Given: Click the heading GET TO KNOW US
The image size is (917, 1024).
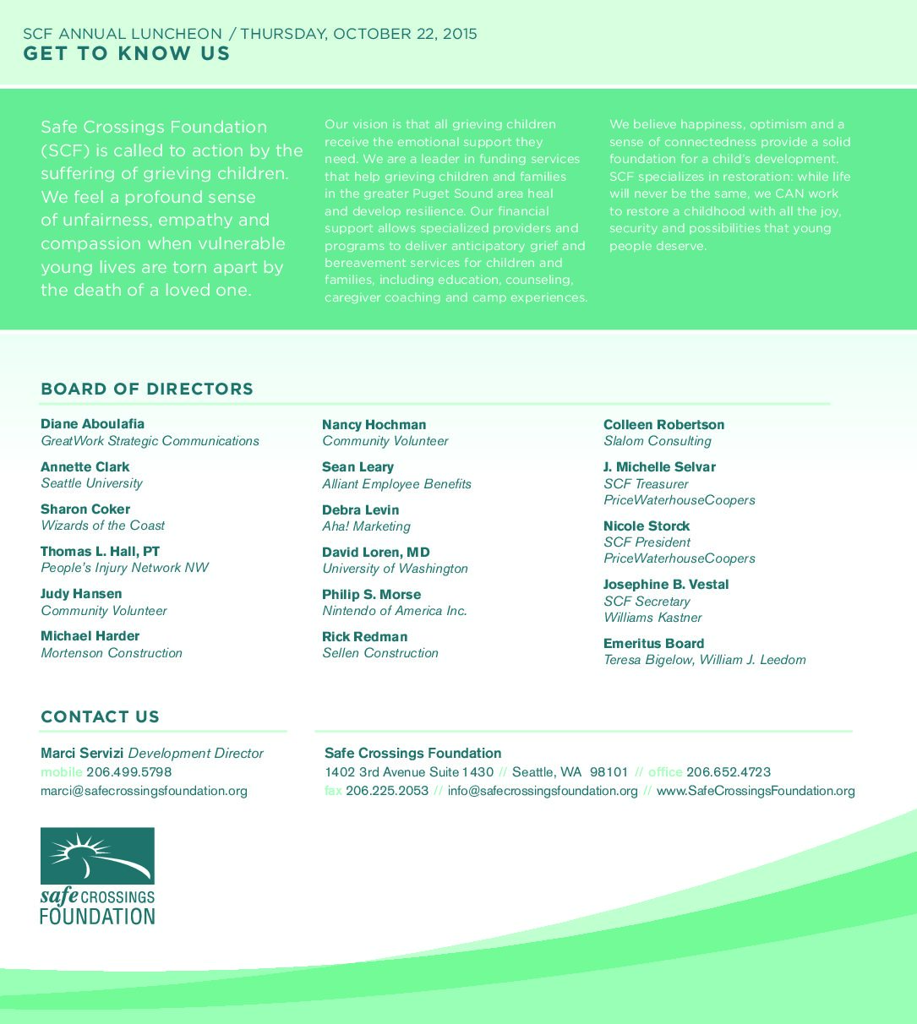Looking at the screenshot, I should tap(127, 54).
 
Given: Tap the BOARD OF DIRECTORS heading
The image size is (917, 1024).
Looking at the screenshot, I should tap(147, 389).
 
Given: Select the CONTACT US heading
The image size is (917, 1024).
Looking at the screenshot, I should tap(100, 717).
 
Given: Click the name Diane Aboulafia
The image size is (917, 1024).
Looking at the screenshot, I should tap(93, 424).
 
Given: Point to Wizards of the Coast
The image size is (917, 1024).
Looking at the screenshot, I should tap(103, 526).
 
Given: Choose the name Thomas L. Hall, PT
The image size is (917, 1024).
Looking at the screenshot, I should tap(100, 552).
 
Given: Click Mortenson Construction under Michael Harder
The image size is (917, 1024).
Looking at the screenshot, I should tap(112, 653).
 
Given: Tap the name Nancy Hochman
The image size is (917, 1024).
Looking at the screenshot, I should tap(374, 425).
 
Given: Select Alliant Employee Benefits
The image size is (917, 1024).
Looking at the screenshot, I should tap(396, 484).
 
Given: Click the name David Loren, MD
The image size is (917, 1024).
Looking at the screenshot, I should tap(376, 553).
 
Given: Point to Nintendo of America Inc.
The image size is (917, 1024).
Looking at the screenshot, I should tap(395, 611).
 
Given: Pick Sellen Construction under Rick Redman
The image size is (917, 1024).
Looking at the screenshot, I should tap(380, 653).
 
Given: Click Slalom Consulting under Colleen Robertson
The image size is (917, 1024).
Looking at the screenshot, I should tap(658, 441).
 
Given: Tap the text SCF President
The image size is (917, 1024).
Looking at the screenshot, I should tap(647, 542).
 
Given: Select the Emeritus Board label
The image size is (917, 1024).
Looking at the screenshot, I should tap(653, 644).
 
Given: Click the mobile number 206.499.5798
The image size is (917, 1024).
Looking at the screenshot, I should tap(128, 772).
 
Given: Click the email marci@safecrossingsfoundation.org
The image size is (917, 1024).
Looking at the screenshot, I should tap(144, 792).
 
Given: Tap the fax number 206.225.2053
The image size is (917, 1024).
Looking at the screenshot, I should tap(387, 792).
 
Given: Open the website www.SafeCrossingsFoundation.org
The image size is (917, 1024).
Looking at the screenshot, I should tap(756, 792).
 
